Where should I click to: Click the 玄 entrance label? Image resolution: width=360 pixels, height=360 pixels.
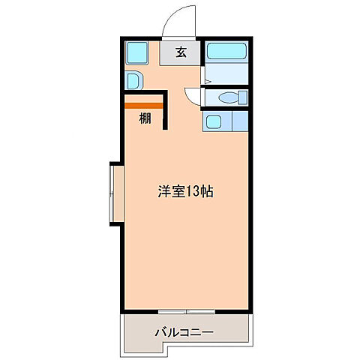tap(181, 52)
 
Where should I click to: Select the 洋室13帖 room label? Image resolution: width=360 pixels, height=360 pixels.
tap(186, 191)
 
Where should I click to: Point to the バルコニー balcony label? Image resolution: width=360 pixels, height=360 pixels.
tap(184, 331)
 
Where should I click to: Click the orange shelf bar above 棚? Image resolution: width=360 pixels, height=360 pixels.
tap(143, 106)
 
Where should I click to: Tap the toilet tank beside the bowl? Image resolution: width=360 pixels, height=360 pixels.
tap(241, 98)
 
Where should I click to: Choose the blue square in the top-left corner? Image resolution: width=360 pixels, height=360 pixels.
tap(136, 52)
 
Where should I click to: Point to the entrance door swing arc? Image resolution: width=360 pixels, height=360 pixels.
tap(180, 19)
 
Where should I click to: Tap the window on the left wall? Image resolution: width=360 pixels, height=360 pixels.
tap(116, 193)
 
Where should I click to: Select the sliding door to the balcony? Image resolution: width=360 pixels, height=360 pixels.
tap(186, 310)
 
